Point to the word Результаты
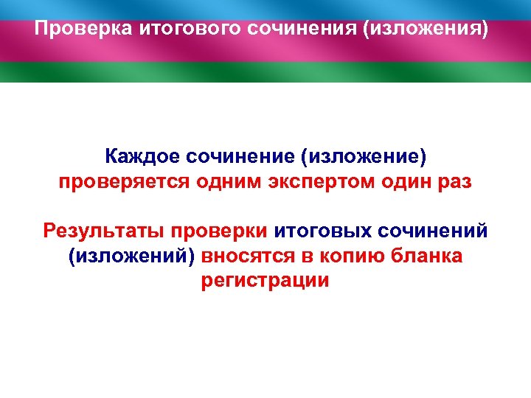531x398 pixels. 102,231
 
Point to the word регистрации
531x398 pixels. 265,281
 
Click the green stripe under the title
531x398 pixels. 265,72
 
